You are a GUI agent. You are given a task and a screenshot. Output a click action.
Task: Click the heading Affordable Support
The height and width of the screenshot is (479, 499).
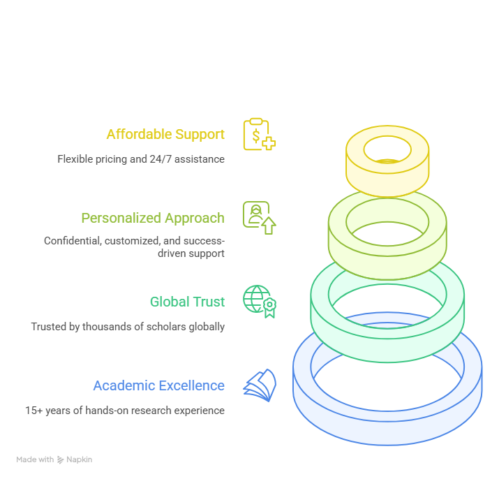pos(165,134)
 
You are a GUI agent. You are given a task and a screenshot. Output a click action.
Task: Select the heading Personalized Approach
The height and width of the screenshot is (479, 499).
pos(153,219)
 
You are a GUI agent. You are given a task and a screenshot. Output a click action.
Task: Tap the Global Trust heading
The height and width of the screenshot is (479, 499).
pos(188,302)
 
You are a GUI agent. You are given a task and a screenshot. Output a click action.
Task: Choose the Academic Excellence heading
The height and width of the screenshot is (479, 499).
pos(159,385)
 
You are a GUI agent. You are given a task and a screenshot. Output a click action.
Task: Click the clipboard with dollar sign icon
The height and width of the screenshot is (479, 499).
pos(260,134)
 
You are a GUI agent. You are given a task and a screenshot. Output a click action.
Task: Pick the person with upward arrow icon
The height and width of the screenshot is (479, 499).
pos(260,218)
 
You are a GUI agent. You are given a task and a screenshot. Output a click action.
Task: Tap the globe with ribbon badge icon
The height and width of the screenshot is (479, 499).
pos(260,301)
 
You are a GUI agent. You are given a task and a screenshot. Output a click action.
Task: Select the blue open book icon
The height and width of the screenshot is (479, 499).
pos(260,385)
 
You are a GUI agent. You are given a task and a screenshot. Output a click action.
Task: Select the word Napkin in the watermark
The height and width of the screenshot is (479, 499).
pos(80,459)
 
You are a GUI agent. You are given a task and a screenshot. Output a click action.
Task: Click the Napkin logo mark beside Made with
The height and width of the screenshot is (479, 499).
pos(60,459)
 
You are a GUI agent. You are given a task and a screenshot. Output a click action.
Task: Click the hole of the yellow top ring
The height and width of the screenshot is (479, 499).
pos(387,149)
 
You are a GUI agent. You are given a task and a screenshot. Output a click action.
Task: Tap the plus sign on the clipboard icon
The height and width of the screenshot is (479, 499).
pos(269,143)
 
